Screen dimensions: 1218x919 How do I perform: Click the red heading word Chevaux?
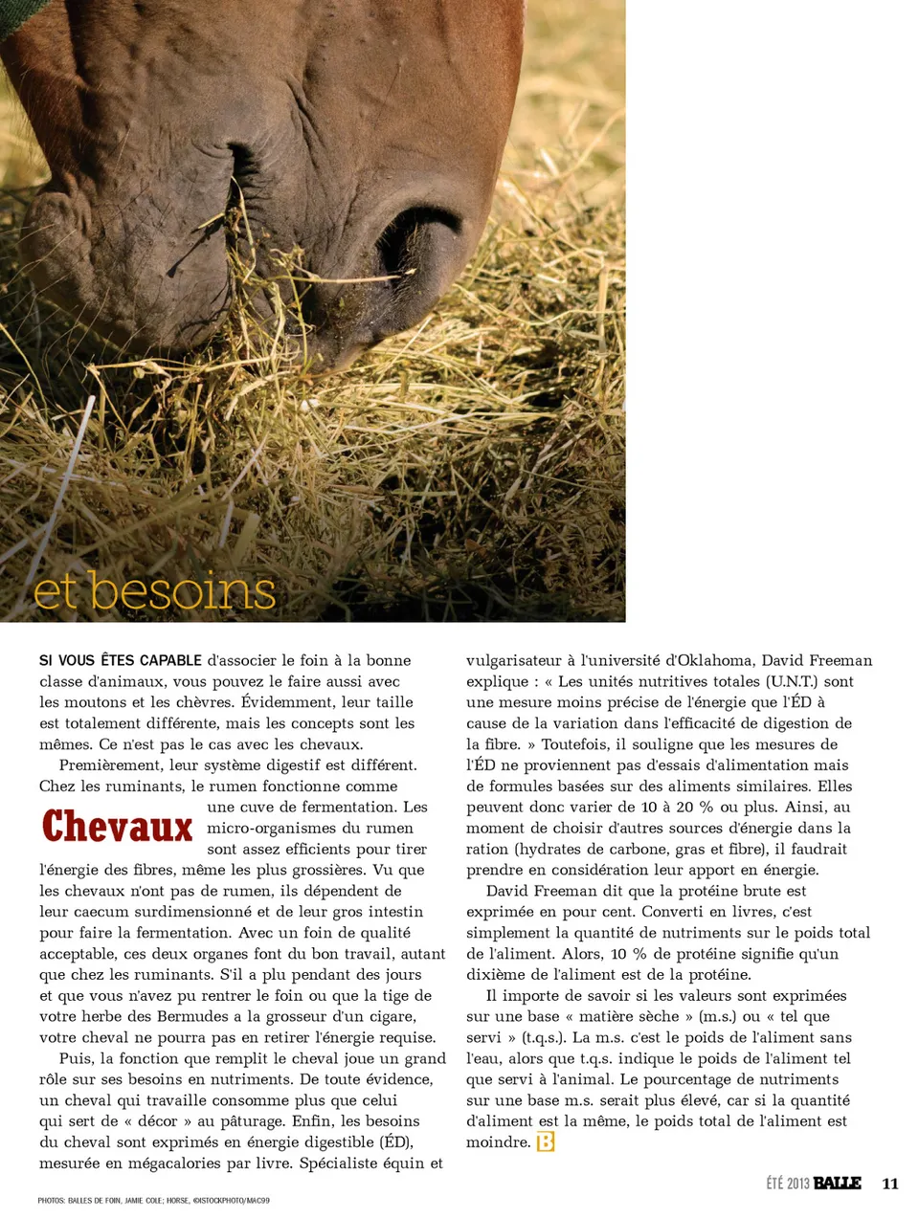118,828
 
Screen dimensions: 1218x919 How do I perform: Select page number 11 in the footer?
889,1184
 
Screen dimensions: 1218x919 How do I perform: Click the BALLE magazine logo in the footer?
838,1184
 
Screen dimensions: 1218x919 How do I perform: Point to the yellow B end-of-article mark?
546,1141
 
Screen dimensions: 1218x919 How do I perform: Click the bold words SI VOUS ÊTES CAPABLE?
121,660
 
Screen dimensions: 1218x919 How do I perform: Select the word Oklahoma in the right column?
714,660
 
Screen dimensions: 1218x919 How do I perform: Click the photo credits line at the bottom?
153,1200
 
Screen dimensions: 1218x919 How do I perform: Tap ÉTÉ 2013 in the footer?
787,1184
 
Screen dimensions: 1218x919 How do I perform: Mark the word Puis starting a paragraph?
76,1058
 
